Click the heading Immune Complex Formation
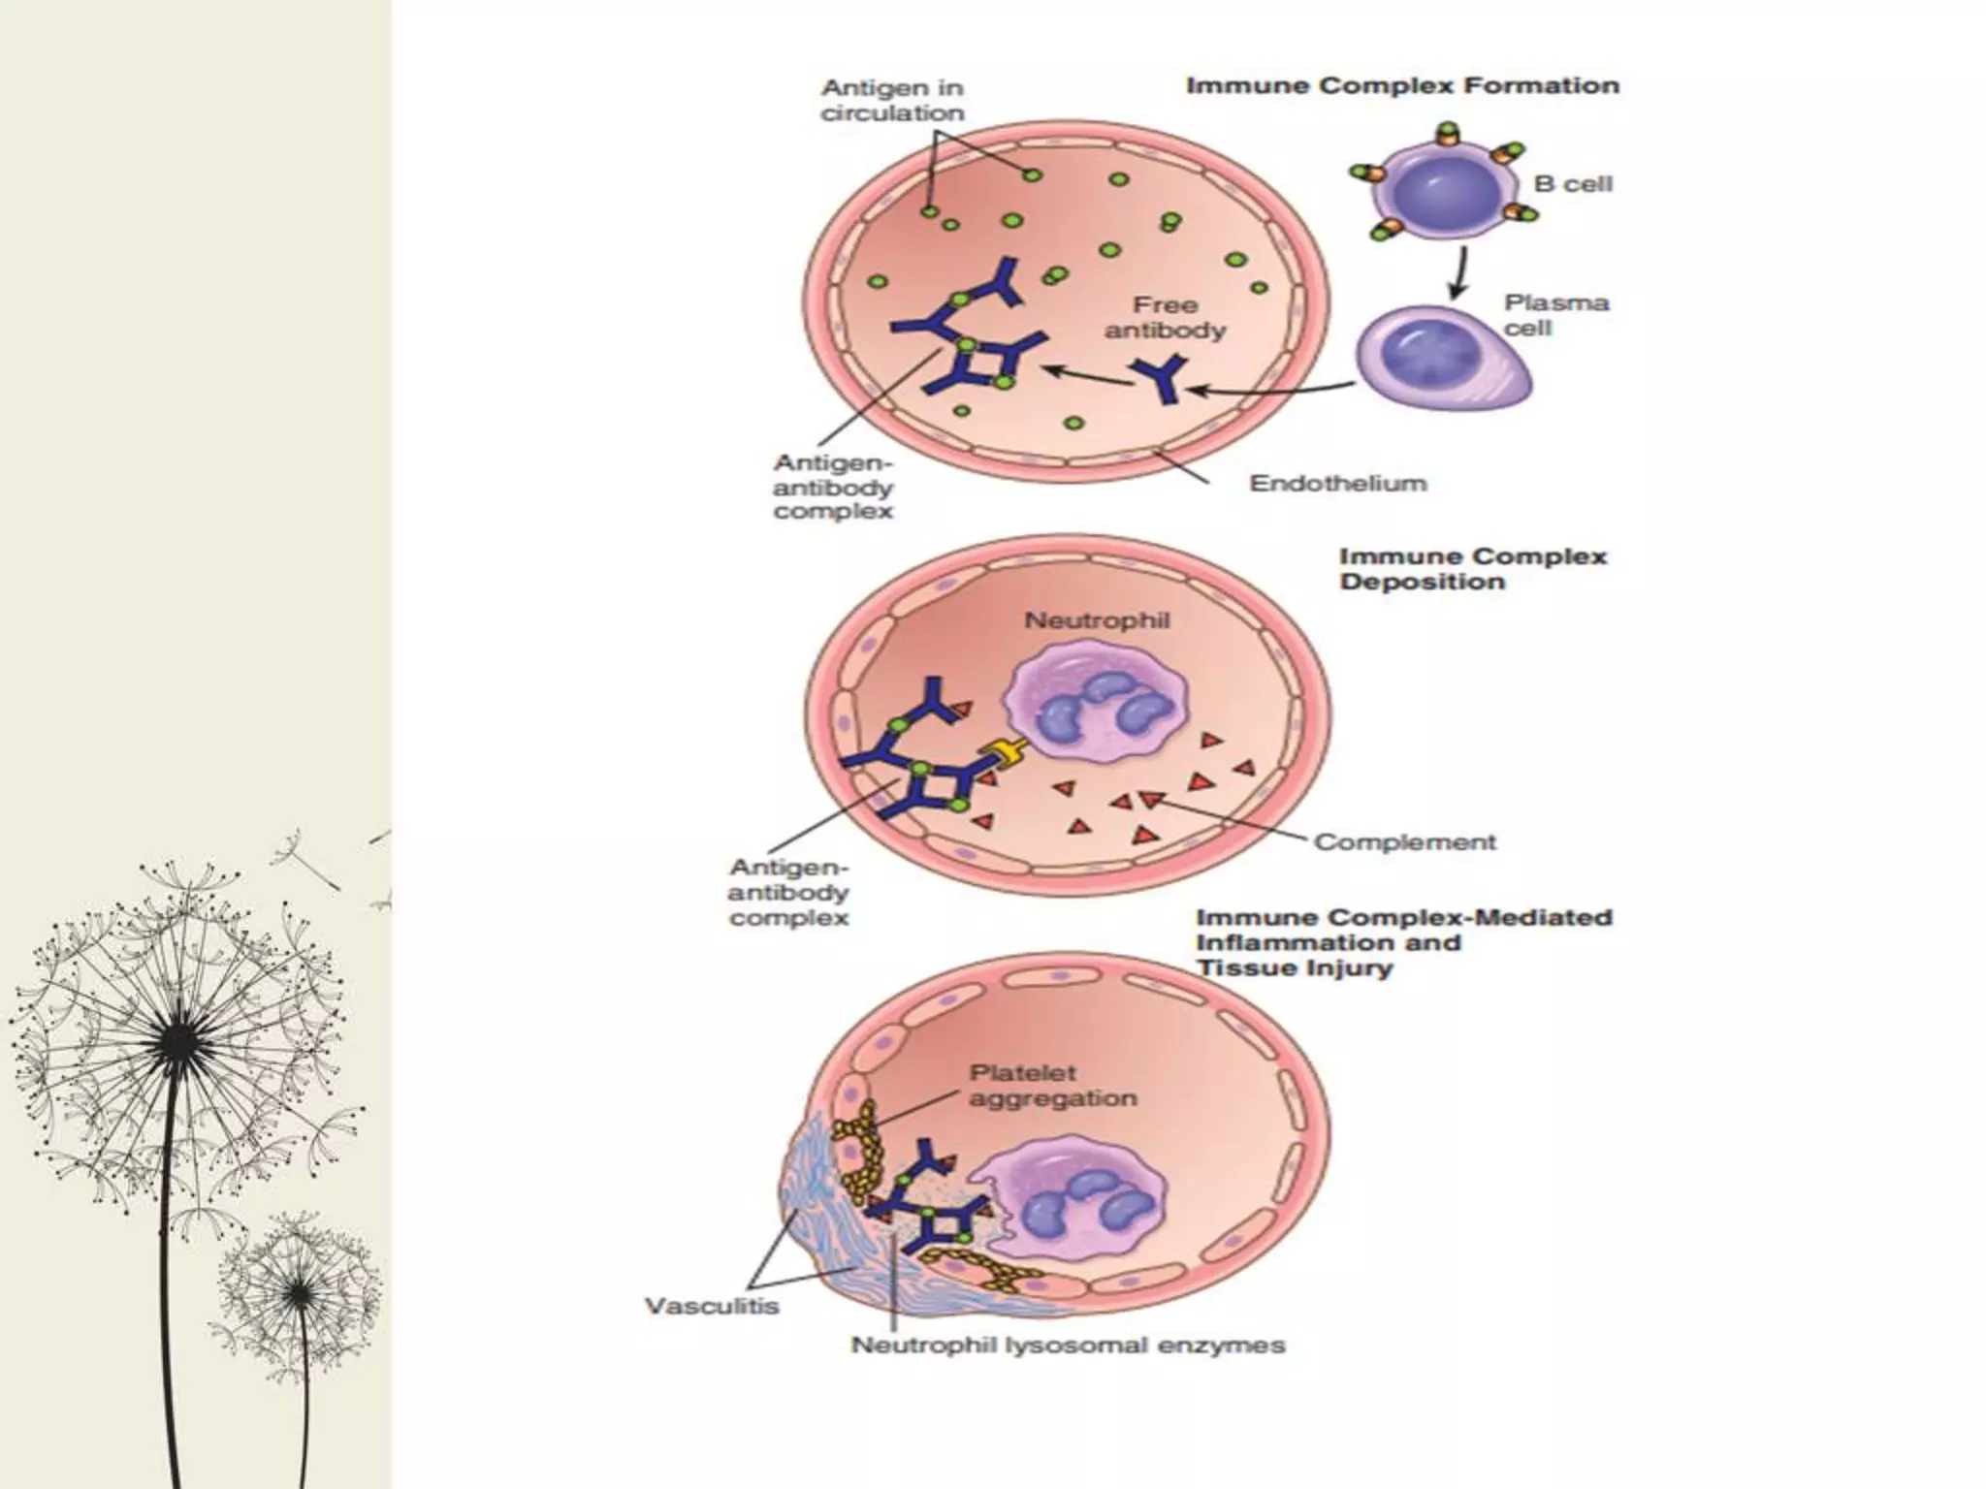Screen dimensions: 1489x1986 point(1402,86)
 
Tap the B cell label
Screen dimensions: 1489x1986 point(1573,184)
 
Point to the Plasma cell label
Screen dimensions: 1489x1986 point(1555,315)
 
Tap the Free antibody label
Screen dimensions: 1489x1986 point(1165,318)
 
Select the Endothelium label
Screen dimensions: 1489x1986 point(1337,483)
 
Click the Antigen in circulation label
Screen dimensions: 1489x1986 point(892,100)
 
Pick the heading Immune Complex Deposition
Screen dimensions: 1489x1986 point(1472,569)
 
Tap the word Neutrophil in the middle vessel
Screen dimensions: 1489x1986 point(1097,620)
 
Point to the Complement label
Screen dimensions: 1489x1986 point(1404,842)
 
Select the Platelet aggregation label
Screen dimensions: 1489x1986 point(1051,1086)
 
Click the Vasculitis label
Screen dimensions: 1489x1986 point(712,1306)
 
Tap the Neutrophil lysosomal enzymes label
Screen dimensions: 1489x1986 point(1068,1346)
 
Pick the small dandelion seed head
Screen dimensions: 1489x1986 point(300,1289)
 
